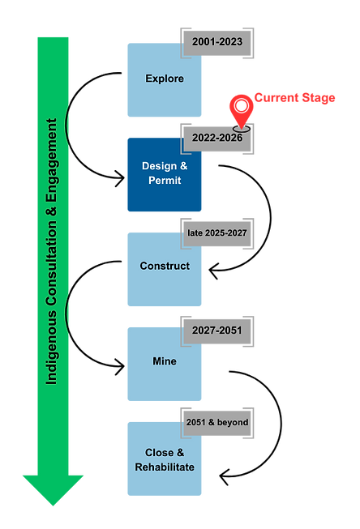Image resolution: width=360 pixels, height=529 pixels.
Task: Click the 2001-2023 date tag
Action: (x=217, y=42)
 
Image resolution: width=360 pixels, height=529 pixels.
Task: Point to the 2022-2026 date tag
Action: (x=217, y=138)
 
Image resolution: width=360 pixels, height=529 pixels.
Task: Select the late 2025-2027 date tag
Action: (x=216, y=233)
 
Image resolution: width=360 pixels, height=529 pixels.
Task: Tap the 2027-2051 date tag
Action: (x=217, y=330)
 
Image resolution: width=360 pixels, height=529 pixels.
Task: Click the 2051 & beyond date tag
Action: (x=217, y=422)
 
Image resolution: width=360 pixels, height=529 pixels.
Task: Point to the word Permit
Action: (x=165, y=181)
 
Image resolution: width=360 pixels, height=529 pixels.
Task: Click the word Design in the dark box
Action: (x=158, y=166)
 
